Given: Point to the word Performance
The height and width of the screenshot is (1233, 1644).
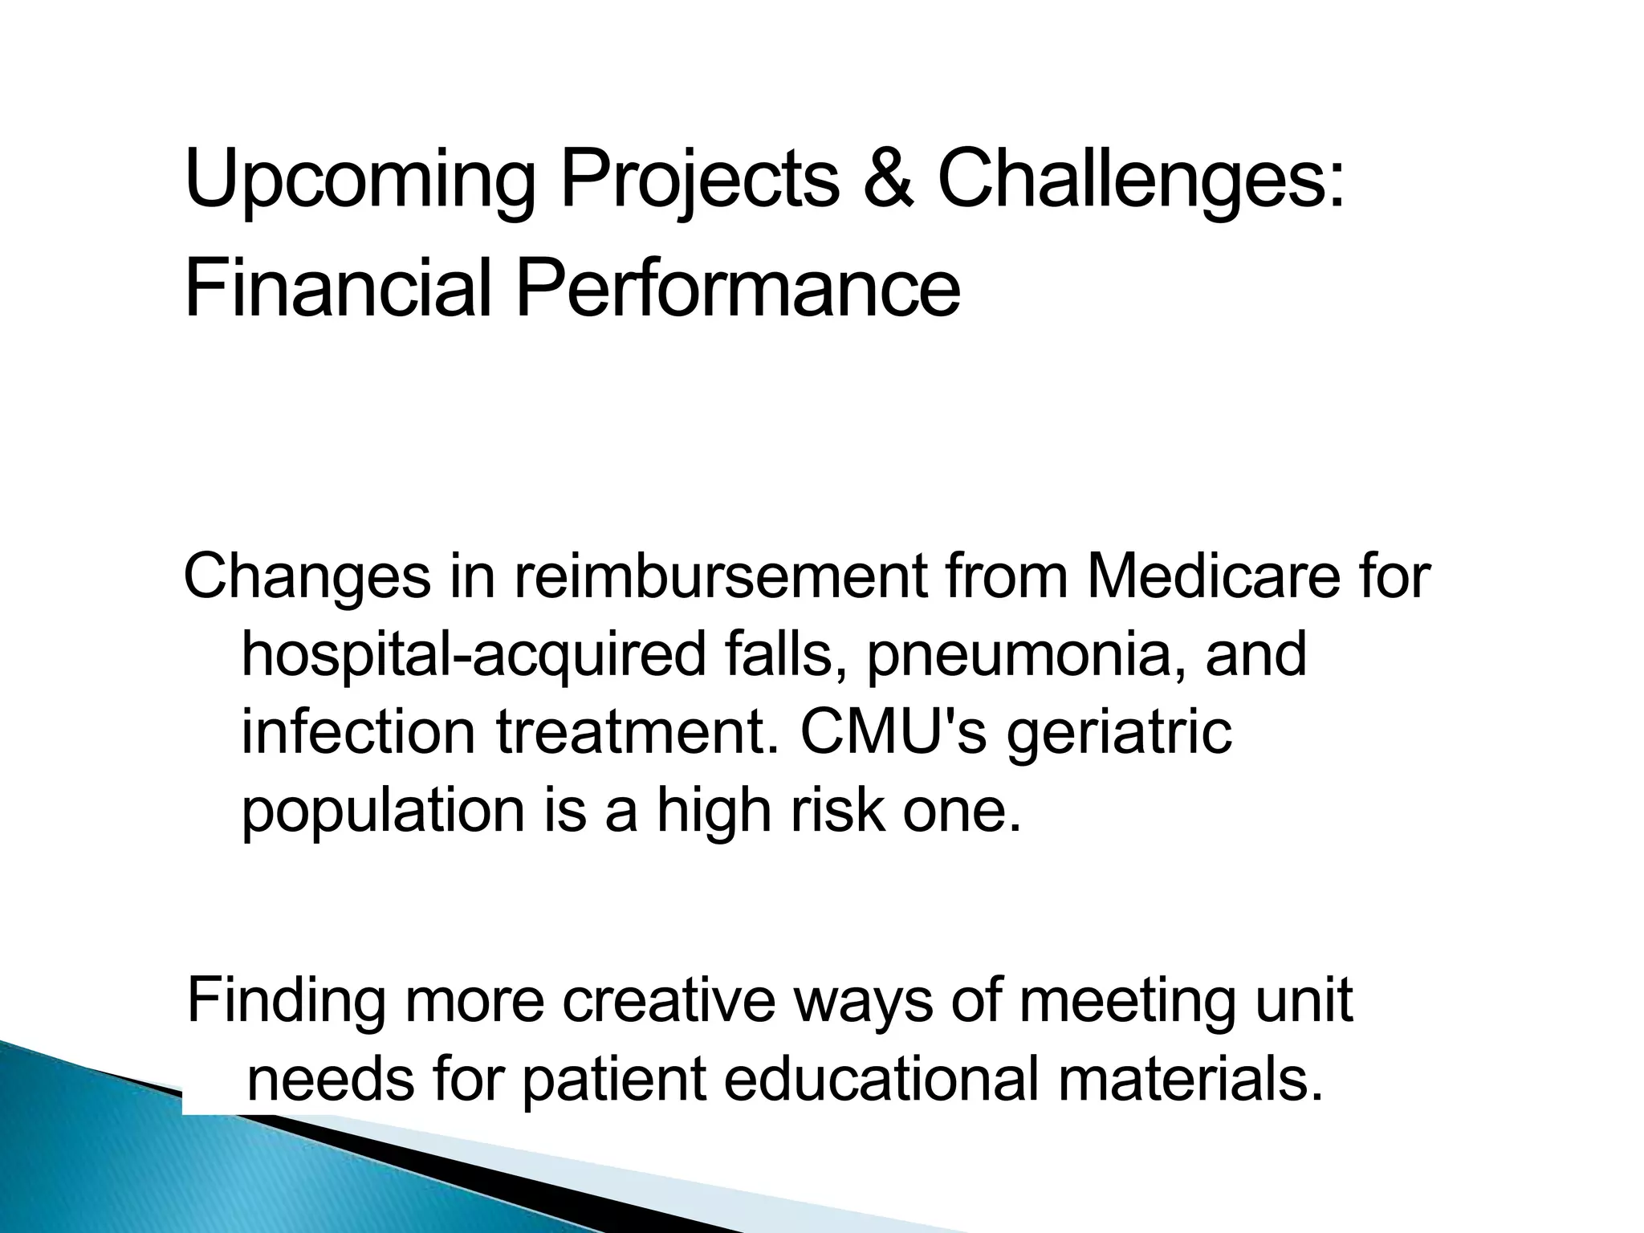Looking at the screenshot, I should [737, 287].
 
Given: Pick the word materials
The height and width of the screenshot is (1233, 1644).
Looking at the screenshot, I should [1190, 1079].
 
